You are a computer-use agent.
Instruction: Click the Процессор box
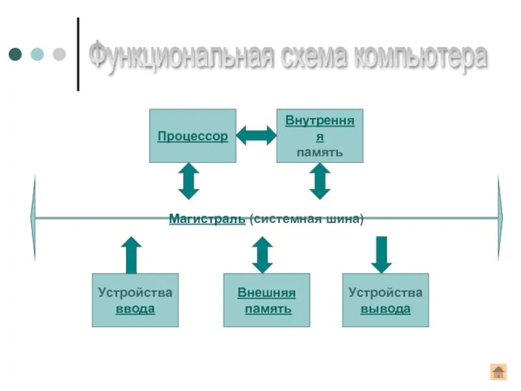click(193, 136)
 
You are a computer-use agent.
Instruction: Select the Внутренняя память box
click(320, 136)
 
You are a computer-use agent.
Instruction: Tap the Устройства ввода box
click(135, 300)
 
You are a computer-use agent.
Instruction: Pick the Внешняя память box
click(266, 300)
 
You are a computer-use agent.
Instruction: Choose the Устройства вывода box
click(386, 300)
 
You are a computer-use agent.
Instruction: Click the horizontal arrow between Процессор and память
click(256, 136)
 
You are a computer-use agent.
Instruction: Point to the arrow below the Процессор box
click(188, 181)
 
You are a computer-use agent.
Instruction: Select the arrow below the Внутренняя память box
click(320, 181)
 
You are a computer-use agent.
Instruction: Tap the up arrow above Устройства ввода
click(132, 255)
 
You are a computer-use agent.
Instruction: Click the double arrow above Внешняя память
click(262, 255)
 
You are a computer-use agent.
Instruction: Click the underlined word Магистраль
click(207, 219)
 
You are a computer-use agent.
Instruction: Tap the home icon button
click(498, 371)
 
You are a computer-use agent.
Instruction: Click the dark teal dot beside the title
click(16, 54)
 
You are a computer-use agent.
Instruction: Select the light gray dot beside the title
click(59, 54)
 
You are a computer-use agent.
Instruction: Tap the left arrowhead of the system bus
click(33, 218)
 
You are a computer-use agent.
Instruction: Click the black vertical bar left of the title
click(79, 54)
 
